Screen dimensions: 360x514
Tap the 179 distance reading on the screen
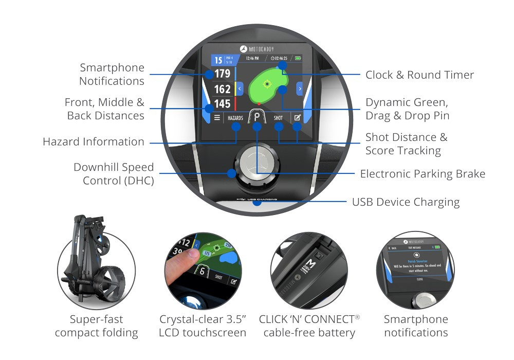point(223,74)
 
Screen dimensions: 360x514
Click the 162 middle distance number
point(223,89)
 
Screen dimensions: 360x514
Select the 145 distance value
point(223,104)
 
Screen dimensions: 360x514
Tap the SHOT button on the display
point(278,118)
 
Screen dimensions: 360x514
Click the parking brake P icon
point(256,117)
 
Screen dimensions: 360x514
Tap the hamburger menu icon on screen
point(217,118)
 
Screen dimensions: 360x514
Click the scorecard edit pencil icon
point(297,118)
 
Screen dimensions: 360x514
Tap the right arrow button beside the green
point(299,89)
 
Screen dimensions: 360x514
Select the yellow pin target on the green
point(266,84)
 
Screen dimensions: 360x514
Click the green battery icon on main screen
point(300,59)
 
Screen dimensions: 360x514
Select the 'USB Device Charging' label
point(406,202)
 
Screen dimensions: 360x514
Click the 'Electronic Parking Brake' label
point(423,173)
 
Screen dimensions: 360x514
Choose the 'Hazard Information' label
point(94,141)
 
